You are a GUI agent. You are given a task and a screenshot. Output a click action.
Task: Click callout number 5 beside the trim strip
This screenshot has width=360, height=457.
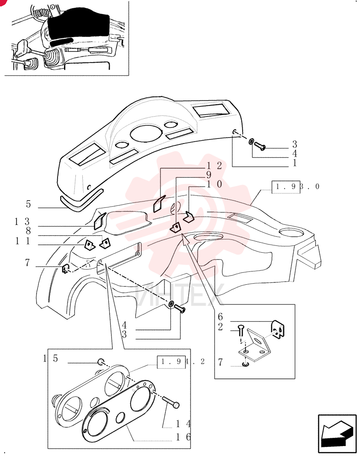tap(28, 204)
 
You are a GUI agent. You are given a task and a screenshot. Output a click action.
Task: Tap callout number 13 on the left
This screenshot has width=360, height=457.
tap(22, 222)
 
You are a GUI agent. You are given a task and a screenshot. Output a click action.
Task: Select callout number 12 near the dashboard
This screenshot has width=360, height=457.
tap(214, 165)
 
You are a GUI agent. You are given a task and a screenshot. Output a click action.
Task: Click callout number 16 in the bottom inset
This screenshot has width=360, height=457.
tap(184, 437)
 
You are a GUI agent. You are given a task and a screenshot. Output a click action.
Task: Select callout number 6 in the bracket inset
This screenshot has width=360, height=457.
tap(220, 317)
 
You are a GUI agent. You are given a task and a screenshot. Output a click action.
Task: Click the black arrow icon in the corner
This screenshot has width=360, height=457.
tap(337, 431)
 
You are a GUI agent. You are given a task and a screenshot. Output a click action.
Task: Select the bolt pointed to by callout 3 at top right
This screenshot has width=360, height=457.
tap(260, 146)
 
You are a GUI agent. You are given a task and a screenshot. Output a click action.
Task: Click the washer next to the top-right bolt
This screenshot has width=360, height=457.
tap(251, 142)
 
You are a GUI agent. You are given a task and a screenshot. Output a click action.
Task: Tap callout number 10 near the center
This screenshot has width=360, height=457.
tap(214, 184)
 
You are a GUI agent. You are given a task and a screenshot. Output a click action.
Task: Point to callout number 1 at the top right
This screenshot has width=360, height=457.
tap(295, 163)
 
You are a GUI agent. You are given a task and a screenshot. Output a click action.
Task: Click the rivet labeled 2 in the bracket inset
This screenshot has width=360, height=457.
tap(241, 330)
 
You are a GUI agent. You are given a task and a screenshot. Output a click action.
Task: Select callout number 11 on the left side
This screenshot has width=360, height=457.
tap(22, 241)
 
